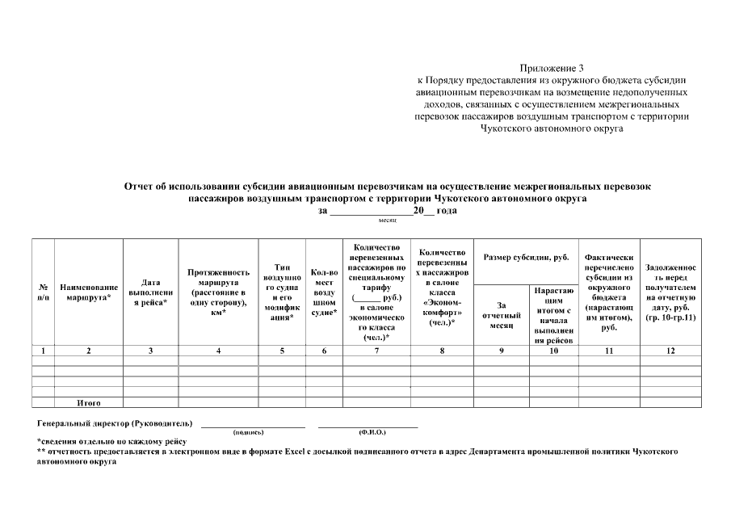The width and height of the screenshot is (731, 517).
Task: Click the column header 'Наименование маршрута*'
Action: tap(89, 292)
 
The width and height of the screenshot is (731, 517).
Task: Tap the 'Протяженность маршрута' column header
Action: tap(218, 292)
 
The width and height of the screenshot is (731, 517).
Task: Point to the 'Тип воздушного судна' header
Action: tap(282, 292)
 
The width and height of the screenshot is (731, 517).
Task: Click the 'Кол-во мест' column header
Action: tap(324, 292)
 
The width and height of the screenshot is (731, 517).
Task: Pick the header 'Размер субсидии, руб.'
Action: tap(526, 258)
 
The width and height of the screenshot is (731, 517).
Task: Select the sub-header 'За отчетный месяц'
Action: tap(501, 315)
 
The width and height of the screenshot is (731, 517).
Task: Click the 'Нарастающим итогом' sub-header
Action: tap(553, 315)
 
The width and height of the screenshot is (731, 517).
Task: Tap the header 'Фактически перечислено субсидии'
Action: tap(609, 292)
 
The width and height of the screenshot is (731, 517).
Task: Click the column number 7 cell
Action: tap(376, 351)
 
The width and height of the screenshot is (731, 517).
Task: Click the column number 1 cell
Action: tap(42, 351)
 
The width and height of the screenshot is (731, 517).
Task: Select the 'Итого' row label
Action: tap(88, 401)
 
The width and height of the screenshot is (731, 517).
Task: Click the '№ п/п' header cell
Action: tap(42, 292)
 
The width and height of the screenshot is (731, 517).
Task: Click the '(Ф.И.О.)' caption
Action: tap(368, 432)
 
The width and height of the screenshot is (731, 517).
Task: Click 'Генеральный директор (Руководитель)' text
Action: tap(115, 423)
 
